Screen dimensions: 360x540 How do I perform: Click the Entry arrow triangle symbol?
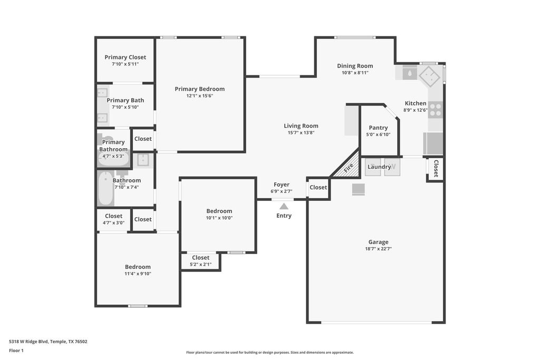pyautogui.click(x=284, y=206)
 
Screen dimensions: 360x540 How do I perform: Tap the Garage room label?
pyautogui.click(x=378, y=242)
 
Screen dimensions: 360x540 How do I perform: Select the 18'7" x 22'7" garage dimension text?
pyautogui.click(x=378, y=249)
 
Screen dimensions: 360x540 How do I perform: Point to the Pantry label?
pyautogui.click(x=378, y=128)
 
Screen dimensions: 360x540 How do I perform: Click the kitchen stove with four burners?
pyautogui.click(x=435, y=110)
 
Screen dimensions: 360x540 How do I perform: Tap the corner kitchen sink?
pyautogui.click(x=429, y=76)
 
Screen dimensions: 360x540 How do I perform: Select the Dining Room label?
pyautogui.click(x=355, y=66)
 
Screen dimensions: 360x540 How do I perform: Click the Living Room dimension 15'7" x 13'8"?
pyautogui.click(x=301, y=133)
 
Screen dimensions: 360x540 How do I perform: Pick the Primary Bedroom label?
pyautogui.click(x=199, y=89)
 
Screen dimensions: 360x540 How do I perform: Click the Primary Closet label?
pyautogui.click(x=125, y=57)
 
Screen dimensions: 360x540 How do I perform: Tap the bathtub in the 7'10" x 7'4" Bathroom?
pyautogui.click(x=105, y=189)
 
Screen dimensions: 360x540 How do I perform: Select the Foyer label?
pyautogui.click(x=281, y=184)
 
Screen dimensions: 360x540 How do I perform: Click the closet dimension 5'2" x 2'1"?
pyautogui.click(x=200, y=265)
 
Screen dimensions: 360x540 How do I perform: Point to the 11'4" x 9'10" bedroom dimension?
pyautogui.click(x=138, y=274)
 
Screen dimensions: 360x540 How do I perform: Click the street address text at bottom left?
pyautogui.click(x=48, y=342)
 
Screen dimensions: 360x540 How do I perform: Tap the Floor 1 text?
pyautogui.click(x=16, y=351)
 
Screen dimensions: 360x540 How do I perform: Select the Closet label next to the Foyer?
pyautogui.click(x=318, y=188)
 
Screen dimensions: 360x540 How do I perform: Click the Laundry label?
pyautogui.click(x=379, y=167)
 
